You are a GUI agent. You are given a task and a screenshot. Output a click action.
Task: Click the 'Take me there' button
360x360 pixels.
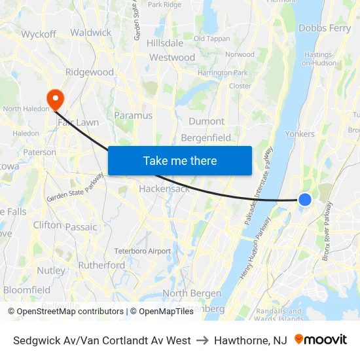pyautogui.click(x=179, y=160)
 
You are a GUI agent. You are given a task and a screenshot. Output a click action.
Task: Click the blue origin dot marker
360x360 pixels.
pyautogui.click(x=305, y=200)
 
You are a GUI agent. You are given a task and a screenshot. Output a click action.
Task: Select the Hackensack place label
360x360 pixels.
pyautogui.click(x=164, y=189)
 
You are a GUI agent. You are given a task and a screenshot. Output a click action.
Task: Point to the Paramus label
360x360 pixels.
pyautogui.click(x=133, y=115)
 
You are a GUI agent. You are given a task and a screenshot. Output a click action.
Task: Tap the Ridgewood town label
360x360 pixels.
pyautogui.click(x=90, y=72)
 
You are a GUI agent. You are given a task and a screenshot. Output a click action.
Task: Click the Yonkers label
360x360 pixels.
pyautogui.click(x=300, y=134)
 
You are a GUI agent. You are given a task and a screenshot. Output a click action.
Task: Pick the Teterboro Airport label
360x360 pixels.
pyautogui.click(x=142, y=251)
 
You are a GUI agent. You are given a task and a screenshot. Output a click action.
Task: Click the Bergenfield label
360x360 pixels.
pyautogui.click(x=206, y=137)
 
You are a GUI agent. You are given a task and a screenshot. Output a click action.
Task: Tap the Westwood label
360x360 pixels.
pyautogui.click(x=172, y=58)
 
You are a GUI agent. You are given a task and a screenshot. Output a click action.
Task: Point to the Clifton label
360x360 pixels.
pyautogui.click(x=47, y=225)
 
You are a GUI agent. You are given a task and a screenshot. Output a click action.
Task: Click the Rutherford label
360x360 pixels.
pyautogui.click(x=101, y=265)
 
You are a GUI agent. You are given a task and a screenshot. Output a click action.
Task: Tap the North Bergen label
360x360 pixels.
pyautogui.click(x=193, y=293)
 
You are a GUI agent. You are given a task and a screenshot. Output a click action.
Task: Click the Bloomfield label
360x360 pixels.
pyautogui.click(x=27, y=289)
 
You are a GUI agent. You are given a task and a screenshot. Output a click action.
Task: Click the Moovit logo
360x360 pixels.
pyautogui.click(x=321, y=340)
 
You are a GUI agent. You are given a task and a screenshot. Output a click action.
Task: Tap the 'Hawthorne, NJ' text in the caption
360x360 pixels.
pyautogui.click(x=251, y=340)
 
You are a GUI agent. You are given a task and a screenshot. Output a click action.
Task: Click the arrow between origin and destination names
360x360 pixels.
pyautogui.click(x=203, y=340)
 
